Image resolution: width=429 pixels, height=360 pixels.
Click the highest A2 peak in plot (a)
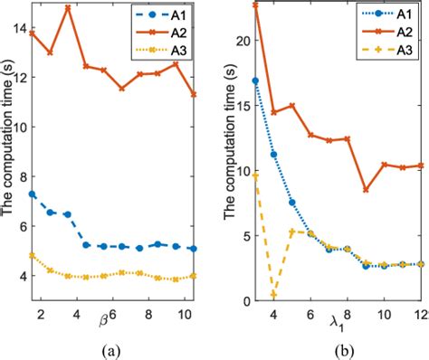point(68,7)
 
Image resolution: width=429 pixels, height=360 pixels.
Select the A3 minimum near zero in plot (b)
point(273,294)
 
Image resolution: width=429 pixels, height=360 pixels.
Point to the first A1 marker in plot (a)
point(33,194)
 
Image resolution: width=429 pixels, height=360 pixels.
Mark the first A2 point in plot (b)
point(255,5)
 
